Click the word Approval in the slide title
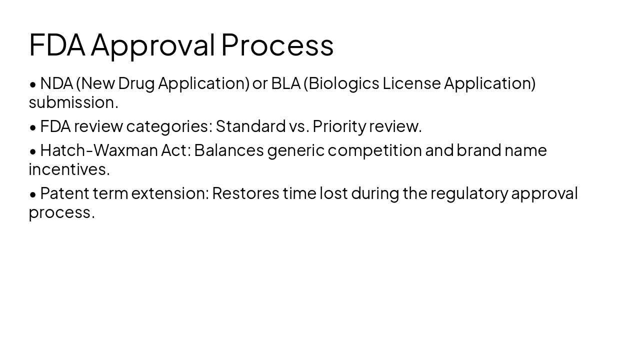(x=152, y=45)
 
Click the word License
(x=411, y=83)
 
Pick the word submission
(x=73, y=102)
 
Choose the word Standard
(x=250, y=126)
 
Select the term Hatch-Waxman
(x=99, y=150)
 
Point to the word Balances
(x=228, y=150)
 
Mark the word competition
(x=374, y=150)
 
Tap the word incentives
(x=69, y=169)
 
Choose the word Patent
(x=64, y=193)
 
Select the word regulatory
(x=469, y=193)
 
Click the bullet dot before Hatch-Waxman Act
(x=33, y=151)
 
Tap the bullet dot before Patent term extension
(x=33, y=194)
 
